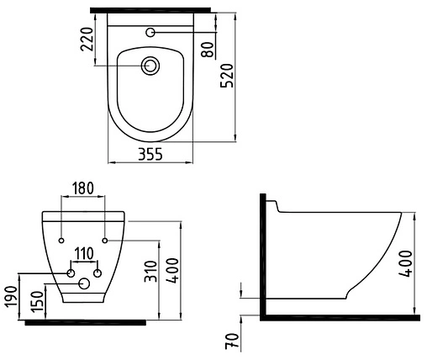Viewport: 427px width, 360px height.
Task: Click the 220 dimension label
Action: (x=87, y=39)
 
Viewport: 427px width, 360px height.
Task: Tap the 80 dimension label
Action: (x=208, y=50)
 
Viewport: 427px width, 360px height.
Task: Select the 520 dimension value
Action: (x=227, y=76)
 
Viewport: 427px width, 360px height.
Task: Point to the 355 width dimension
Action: (x=150, y=154)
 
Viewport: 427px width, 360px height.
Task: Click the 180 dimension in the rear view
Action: (x=83, y=188)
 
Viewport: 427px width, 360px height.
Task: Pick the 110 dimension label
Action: (x=84, y=254)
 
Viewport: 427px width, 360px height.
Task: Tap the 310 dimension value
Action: (x=151, y=272)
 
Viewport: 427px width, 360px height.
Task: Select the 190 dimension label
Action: (x=12, y=297)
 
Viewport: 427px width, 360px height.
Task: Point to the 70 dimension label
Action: (x=233, y=341)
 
